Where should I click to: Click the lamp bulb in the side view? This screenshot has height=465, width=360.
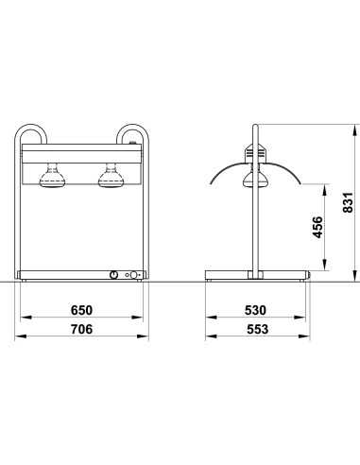pyautogui.click(x=254, y=181)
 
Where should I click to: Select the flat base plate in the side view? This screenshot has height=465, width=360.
pyautogui.click(x=257, y=275)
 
